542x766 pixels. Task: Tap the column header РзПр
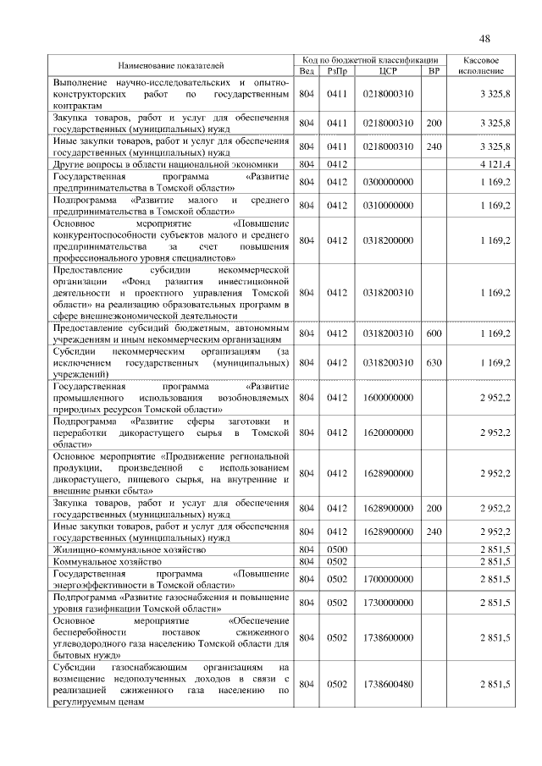tap(338, 71)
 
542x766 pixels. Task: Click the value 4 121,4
tap(494, 164)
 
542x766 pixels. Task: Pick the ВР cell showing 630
tap(434, 363)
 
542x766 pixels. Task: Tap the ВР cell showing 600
tap(434, 333)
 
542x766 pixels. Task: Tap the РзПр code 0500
tap(338, 549)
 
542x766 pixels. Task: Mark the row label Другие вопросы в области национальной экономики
tap(171, 164)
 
